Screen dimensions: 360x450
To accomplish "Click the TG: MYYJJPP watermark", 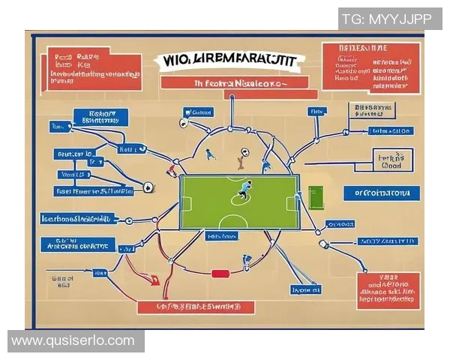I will tap(390, 19).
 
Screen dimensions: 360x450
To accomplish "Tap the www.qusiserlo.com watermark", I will tap(73, 341).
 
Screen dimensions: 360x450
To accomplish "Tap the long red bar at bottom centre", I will tap(196, 307).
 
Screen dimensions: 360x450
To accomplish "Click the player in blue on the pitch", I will tap(245, 191).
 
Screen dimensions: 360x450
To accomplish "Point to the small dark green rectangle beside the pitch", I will tap(315, 197).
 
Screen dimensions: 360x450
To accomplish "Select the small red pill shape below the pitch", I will tap(220, 274).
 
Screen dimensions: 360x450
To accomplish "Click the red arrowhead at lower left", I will tap(154, 281).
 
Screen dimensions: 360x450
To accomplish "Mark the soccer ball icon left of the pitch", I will tap(149, 187).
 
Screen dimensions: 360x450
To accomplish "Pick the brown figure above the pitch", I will tap(241, 159).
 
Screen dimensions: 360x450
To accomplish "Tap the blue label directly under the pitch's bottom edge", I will tap(221, 235).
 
